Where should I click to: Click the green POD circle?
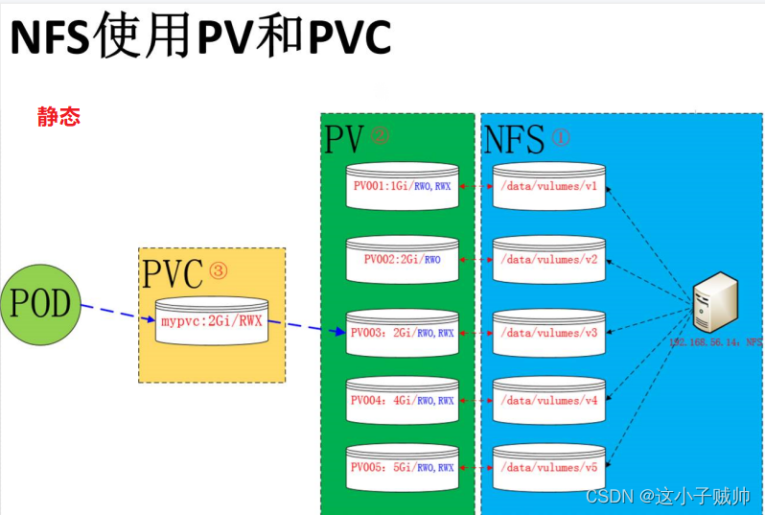[40, 306]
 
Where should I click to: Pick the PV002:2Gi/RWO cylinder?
[403, 259]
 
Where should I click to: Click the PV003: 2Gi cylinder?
[403, 333]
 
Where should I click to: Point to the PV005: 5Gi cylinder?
[403, 468]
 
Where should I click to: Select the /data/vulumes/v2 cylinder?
[549, 259]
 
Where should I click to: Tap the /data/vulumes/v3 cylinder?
[549, 333]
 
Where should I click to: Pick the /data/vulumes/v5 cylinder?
[549, 468]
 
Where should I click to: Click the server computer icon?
[716, 301]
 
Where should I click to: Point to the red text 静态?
[58, 117]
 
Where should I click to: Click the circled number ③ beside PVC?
[219, 272]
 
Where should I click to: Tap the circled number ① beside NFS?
[560, 138]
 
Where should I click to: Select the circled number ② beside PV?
[380, 136]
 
